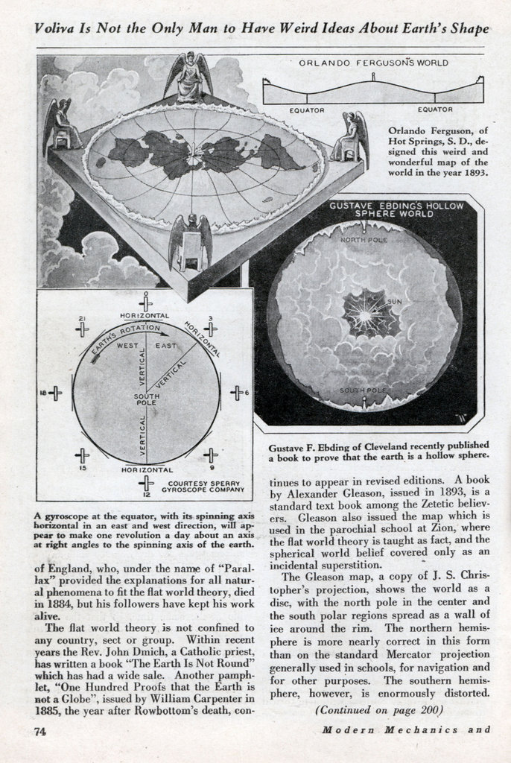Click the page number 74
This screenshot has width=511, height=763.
pyautogui.click(x=36, y=731)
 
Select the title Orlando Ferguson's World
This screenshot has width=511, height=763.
pyautogui.click(x=373, y=63)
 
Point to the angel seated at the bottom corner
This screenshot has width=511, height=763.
pyautogui.click(x=191, y=242)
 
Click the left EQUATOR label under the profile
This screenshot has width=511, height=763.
pyautogui.click(x=307, y=110)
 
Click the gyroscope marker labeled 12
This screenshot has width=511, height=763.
pyautogui.click(x=147, y=485)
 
